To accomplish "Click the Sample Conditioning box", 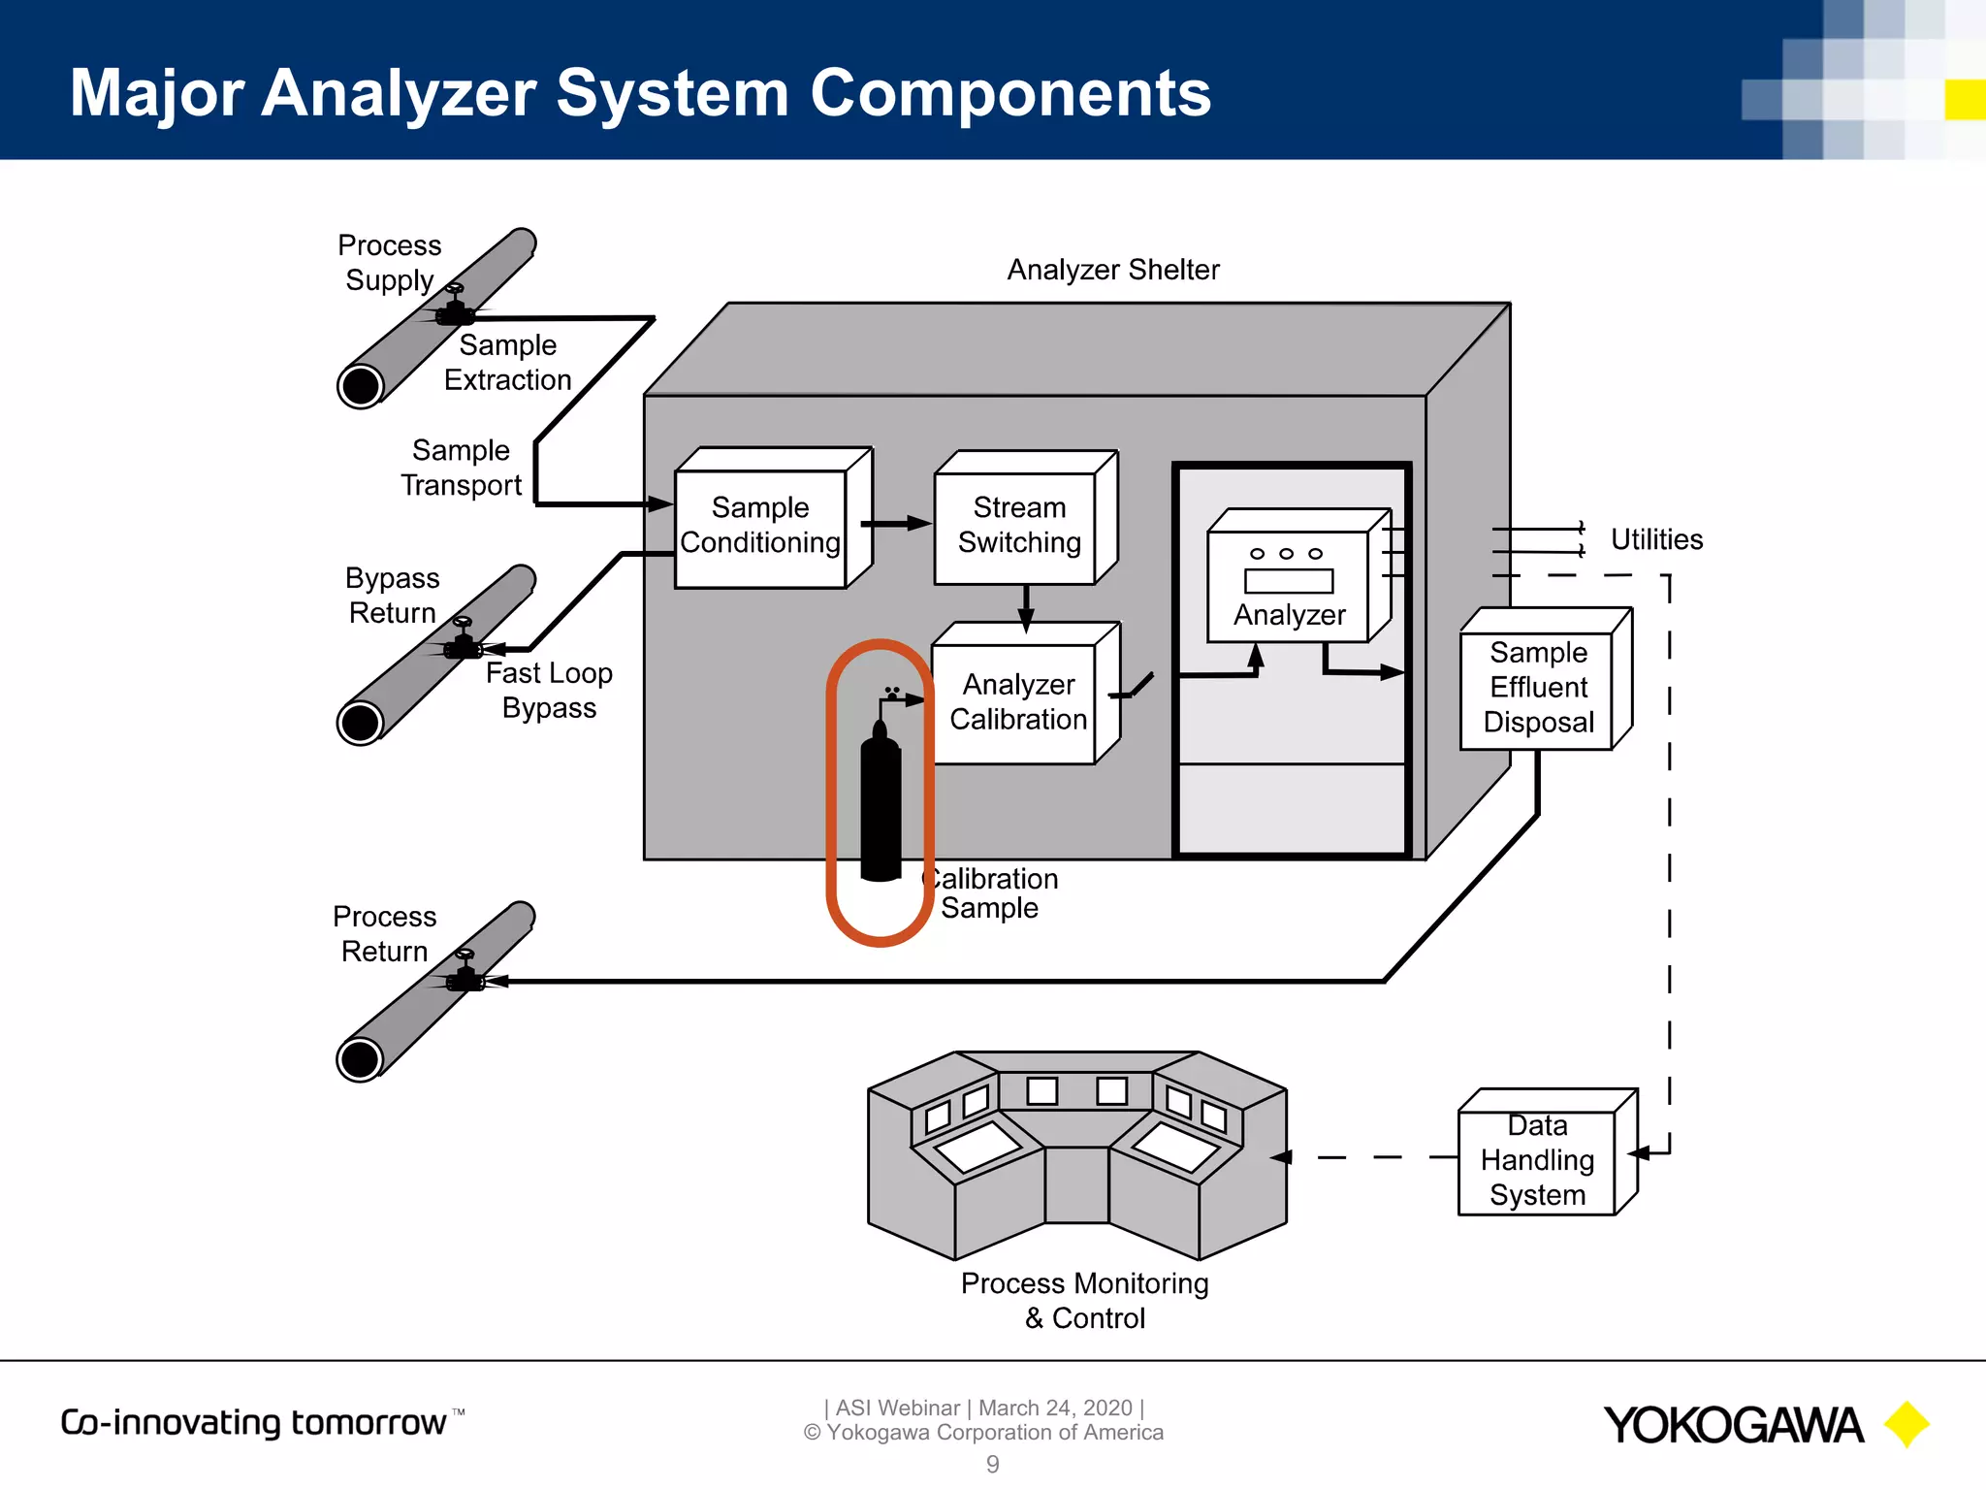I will pyautogui.click(x=761, y=527).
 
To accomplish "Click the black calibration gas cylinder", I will pyautogui.click(x=881, y=805).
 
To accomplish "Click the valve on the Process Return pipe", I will pyautogui.click(x=465, y=974).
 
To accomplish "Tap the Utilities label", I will pyautogui.click(x=1655, y=539).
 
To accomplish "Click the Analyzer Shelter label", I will pyautogui.click(x=1112, y=270).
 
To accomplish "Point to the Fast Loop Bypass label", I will pyautogui.click(x=549, y=690).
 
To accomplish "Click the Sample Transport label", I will pyautogui.click(x=462, y=468).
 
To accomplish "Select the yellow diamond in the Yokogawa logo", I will pyautogui.click(x=1906, y=1424).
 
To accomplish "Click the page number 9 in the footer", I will pyautogui.click(x=992, y=1464).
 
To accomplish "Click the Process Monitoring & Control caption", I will pyautogui.click(x=1084, y=1300).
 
